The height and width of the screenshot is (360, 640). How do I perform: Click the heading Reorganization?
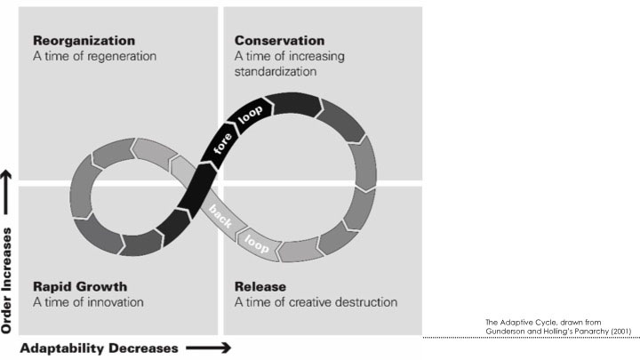[84, 41]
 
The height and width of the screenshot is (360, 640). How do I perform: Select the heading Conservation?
[280, 41]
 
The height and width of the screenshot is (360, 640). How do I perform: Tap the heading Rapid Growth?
[80, 286]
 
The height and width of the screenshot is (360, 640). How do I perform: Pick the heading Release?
[260, 286]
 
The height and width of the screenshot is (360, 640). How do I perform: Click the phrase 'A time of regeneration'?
[94, 56]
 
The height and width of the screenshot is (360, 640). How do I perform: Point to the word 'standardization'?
[276, 71]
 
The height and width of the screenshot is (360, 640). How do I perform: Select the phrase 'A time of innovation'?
[88, 301]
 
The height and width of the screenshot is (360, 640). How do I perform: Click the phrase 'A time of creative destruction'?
[316, 301]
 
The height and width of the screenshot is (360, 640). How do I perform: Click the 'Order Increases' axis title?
[9, 276]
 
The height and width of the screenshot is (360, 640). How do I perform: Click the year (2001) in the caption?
[619, 332]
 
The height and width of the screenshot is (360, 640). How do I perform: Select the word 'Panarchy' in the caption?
[587, 332]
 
